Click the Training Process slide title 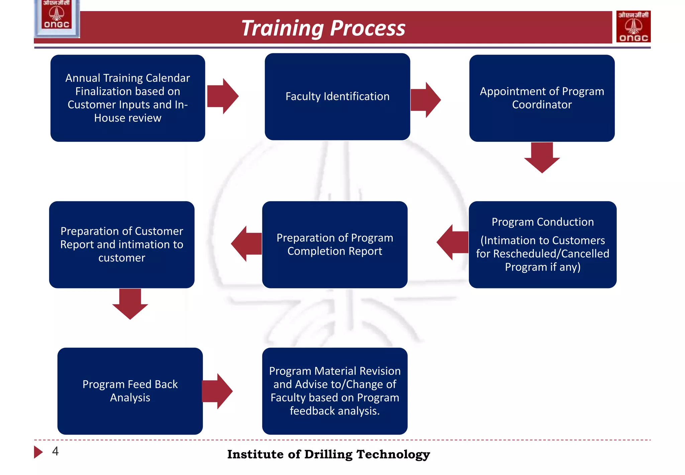[x=323, y=28]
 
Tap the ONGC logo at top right [x=633, y=26]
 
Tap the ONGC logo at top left [x=57, y=17]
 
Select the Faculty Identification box [x=337, y=96]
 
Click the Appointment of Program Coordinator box [x=542, y=98]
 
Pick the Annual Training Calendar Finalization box [x=127, y=98]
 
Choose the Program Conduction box [x=542, y=244]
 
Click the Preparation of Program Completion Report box [x=334, y=244]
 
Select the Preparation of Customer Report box [x=121, y=244]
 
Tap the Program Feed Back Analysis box [x=130, y=391]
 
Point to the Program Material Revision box [x=334, y=391]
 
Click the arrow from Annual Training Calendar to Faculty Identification [x=222, y=96]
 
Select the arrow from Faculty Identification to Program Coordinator [x=425, y=99]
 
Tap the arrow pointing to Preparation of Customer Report [x=247, y=244]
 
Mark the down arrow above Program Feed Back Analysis [x=130, y=303]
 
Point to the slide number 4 [x=55, y=451]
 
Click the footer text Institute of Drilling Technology [x=328, y=454]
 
